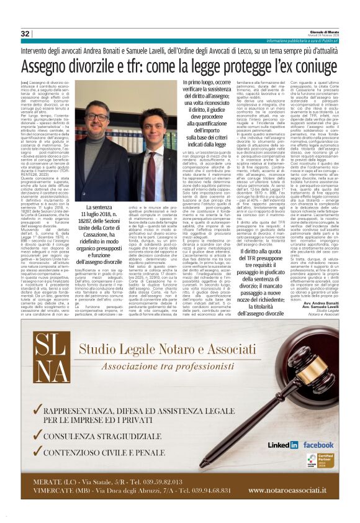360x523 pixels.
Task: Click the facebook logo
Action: [x=319, y=445]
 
